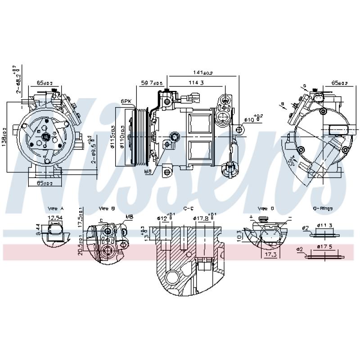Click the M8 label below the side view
click(x=148, y=171)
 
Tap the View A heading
click(x=56, y=209)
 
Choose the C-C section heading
click(x=189, y=209)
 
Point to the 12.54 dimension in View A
click(x=54, y=218)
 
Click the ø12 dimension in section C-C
click(x=163, y=219)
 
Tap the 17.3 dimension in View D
click(x=270, y=255)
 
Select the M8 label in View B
click(x=130, y=217)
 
